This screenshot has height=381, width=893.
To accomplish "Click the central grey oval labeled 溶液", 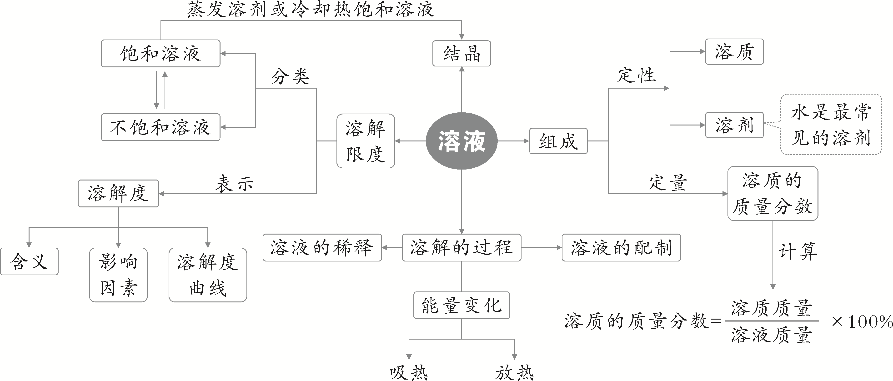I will tap(462, 141).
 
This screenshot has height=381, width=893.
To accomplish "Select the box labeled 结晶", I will tap(462, 53).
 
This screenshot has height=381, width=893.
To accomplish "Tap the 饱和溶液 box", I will tap(161, 53).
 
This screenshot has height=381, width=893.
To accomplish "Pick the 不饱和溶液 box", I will tap(161, 127).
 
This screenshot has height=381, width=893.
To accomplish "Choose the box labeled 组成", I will tap(558, 141).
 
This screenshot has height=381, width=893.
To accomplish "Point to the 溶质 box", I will tap(734, 52).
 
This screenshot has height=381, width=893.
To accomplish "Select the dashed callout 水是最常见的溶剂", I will tap(831, 125).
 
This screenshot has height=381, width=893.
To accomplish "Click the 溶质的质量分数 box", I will tap(773, 193).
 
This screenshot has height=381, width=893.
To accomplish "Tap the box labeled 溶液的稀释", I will tap(322, 247).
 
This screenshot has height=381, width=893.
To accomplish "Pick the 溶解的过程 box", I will tap(462, 247).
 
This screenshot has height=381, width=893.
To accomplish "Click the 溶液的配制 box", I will tap(621, 247).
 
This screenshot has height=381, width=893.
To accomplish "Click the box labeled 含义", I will tap(29, 261).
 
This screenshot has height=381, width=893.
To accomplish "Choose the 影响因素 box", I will tap(118, 275).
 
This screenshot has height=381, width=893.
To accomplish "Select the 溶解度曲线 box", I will tap(208, 275).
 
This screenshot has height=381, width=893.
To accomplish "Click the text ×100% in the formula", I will tap(862, 322).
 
